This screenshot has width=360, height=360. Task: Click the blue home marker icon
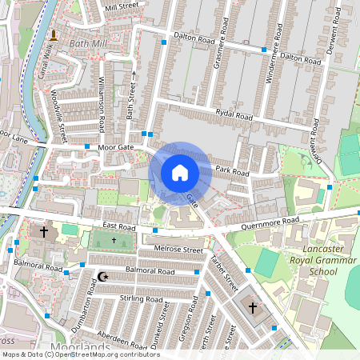(180, 172)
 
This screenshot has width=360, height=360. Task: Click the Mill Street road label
(122, 6)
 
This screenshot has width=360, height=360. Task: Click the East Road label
(121, 227)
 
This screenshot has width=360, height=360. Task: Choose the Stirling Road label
(119, 298)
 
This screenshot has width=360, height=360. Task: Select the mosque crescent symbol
(102, 277)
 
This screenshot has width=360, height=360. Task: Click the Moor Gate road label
(115, 148)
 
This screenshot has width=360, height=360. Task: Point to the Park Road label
(232, 172)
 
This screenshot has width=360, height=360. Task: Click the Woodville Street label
(58, 111)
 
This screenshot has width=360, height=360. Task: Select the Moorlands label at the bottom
(79, 347)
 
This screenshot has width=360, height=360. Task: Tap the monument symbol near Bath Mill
(53, 35)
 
